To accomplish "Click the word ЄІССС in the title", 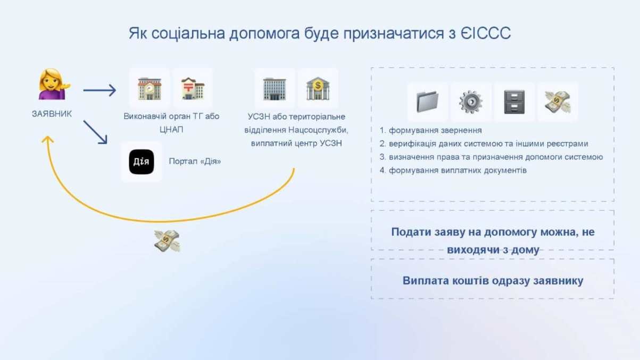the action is pyautogui.click(x=485, y=33).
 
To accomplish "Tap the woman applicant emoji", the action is pyautogui.click(x=54, y=84).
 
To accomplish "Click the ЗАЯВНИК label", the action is pyautogui.click(x=52, y=114).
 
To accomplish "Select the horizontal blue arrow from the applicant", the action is pyautogui.click(x=99, y=90).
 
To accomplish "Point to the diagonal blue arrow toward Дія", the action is pyautogui.click(x=95, y=132).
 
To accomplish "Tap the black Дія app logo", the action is pyautogui.click(x=142, y=162).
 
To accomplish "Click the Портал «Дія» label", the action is pyautogui.click(x=195, y=161).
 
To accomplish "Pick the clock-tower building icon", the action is pyautogui.click(x=149, y=88).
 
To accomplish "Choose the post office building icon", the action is pyautogui.click(x=193, y=88).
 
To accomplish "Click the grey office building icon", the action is pyautogui.click(x=275, y=89).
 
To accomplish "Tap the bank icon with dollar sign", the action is pyautogui.click(x=318, y=88).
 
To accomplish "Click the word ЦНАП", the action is pyautogui.click(x=171, y=130).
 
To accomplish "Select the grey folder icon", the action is pyautogui.click(x=427, y=102).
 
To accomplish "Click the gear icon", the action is pyautogui.click(x=471, y=102).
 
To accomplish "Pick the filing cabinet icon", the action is pyautogui.click(x=514, y=102).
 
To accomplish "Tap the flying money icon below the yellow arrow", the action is pyautogui.click(x=167, y=241).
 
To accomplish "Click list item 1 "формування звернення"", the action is pyautogui.click(x=430, y=130).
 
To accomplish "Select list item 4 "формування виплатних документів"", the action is pyautogui.click(x=453, y=171).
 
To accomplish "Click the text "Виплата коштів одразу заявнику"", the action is pyautogui.click(x=493, y=281).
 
